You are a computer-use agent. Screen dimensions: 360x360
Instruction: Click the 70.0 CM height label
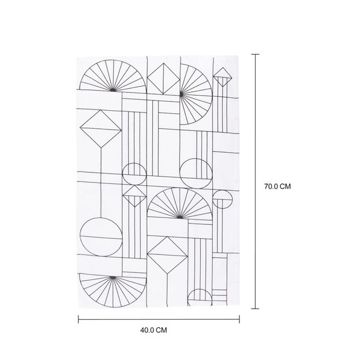click(x=277, y=186)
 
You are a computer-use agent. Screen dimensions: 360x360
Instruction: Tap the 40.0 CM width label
click(x=153, y=330)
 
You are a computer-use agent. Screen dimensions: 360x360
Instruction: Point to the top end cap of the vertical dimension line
click(x=256, y=54)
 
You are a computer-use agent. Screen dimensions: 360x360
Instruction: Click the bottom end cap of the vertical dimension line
click(x=255, y=309)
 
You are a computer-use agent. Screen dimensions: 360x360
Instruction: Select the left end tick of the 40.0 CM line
click(x=78, y=319)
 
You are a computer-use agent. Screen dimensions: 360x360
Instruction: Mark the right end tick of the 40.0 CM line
click(x=239, y=319)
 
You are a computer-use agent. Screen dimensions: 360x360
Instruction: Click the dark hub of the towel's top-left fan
click(x=112, y=90)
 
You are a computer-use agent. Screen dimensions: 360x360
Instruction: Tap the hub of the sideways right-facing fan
click(x=181, y=94)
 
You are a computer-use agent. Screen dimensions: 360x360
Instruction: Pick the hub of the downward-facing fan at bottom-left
click(x=112, y=278)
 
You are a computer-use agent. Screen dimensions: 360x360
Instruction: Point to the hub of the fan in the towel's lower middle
click(x=180, y=217)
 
